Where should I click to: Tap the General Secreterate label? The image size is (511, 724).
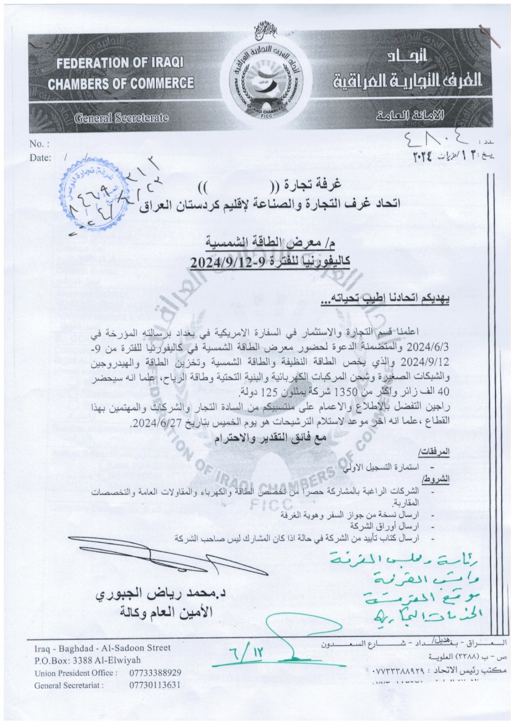[x=121, y=117]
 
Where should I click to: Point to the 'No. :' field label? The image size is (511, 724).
[x=39, y=144]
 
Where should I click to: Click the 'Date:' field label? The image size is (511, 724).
[x=40, y=158]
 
